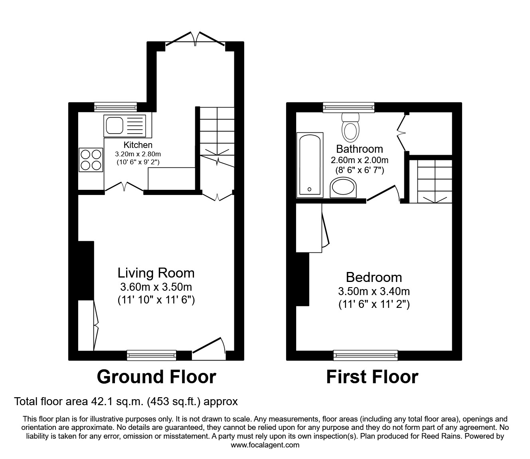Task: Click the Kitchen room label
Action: (138, 145)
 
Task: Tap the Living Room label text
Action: (156, 273)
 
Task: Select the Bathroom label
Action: (359, 149)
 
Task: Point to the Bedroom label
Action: (374, 277)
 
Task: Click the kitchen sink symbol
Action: (125, 124)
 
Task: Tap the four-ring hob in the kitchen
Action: (91, 160)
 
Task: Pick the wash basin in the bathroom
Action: (343, 187)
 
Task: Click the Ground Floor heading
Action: (156, 377)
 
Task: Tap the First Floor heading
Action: (372, 377)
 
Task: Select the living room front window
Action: (151, 355)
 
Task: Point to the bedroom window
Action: (365, 355)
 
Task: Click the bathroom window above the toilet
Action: (348, 107)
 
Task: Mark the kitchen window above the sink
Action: (115, 106)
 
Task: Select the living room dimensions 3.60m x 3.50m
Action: (156, 287)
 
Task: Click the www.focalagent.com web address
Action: (265, 445)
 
